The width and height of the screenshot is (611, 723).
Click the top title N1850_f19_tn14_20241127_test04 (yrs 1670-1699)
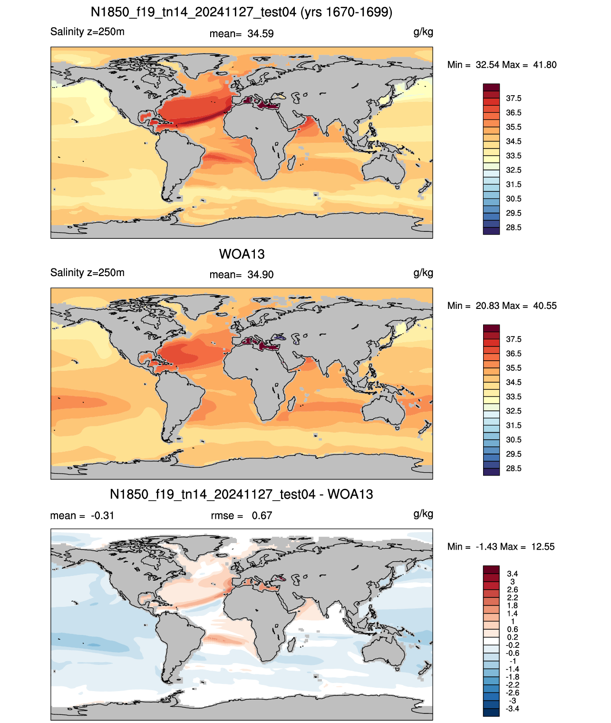pyautogui.click(x=242, y=12)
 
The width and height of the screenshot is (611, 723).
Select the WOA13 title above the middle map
pyautogui.click(x=242, y=254)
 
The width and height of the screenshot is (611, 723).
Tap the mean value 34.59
pyautogui.click(x=261, y=34)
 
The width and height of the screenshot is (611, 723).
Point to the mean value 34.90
pyautogui.click(x=261, y=275)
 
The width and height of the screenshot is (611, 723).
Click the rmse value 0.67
pyautogui.click(x=262, y=515)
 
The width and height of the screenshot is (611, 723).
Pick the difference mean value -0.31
pyautogui.click(x=102, y=515)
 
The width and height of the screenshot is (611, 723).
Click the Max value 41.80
pyautogui.click(x=544, y=65)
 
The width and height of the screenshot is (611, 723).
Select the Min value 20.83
pyautogui.click(x=487, y=306)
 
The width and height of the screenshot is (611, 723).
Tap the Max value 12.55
pyautogui.click(x=543, y=547)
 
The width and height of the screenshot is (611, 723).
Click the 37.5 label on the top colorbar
pyautogui.click(x=514, y=99)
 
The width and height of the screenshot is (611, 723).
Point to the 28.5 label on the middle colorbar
pyautogui.click(x=514, y=468)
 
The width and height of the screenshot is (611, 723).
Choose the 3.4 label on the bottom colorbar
pyautogui.click(x=513, y=574)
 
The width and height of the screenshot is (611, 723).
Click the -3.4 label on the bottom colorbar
pyautogui.click(x=512, y=709)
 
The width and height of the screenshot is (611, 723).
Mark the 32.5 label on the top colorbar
pyautogui.click(x=514, y=170)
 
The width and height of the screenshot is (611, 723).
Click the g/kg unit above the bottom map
pyautogui.click(x=423, y=514)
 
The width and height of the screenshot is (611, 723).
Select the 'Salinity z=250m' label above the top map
pyautogui.click(x=87, y=31)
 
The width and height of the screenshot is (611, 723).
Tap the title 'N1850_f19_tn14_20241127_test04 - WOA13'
pyautogui.click(x=242, y=494)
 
